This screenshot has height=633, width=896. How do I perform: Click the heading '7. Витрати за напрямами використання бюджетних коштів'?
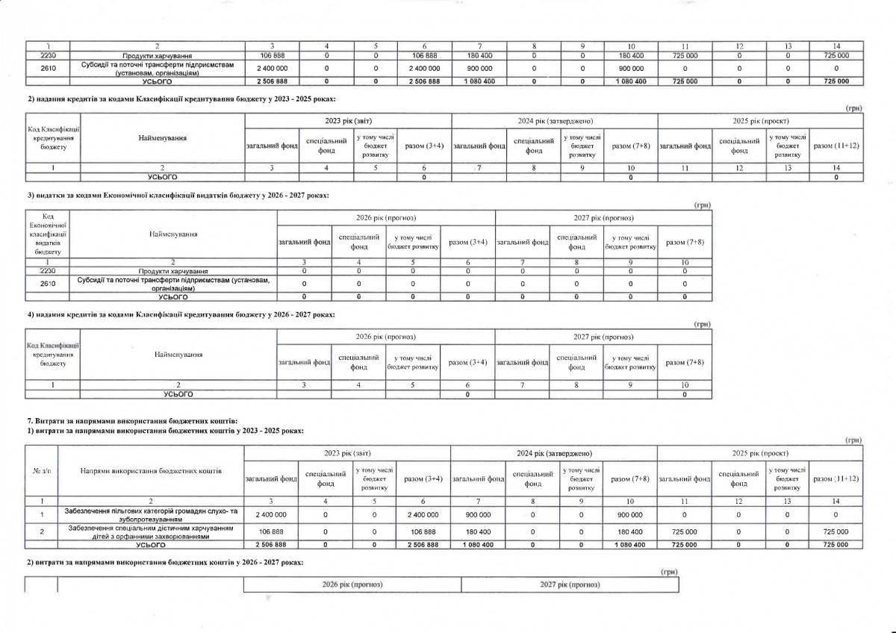click(132, 422)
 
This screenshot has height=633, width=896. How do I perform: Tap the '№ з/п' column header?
click(41, 472)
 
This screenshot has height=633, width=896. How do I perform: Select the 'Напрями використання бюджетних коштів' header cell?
click(151, 472)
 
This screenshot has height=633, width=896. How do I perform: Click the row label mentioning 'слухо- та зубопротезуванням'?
click(152, 514)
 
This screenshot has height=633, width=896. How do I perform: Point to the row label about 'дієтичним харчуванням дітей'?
click(152, 531)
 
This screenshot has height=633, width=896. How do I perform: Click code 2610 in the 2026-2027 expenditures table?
click(47, 284)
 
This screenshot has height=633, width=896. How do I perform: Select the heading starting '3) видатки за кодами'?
click(177, 195)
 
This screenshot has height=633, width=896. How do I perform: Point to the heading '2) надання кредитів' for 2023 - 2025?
click(181, 99)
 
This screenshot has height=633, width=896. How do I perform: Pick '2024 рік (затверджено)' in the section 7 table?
click(554, 453)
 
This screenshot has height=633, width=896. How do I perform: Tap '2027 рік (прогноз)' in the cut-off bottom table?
click(570, 584)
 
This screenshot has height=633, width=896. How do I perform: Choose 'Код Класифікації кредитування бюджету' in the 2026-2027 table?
click(53, 355)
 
